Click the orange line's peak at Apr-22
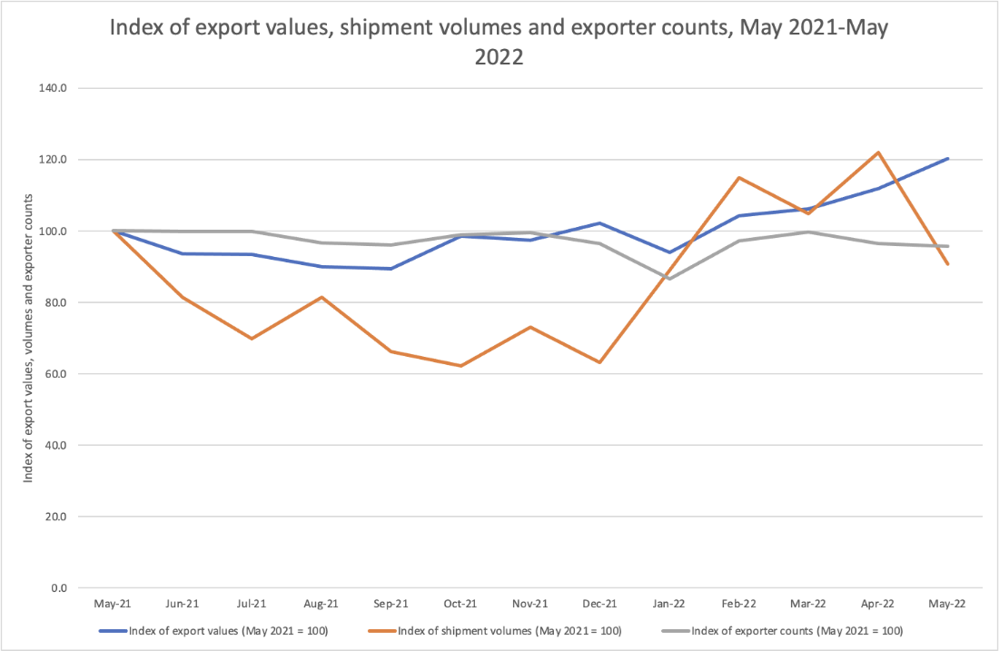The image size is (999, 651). (x=878, y=153)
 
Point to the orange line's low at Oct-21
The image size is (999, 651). (x=460, y=366)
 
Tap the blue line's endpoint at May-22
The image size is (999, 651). (x=948, y=159)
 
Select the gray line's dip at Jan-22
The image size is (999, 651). (x=669, y=279)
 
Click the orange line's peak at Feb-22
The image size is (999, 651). (x=739, y=177)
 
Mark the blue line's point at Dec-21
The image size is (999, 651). (x=599, y=223)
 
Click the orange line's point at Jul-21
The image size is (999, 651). (x=252, y=339)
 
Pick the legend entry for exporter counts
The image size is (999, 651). (x=796, y=630)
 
